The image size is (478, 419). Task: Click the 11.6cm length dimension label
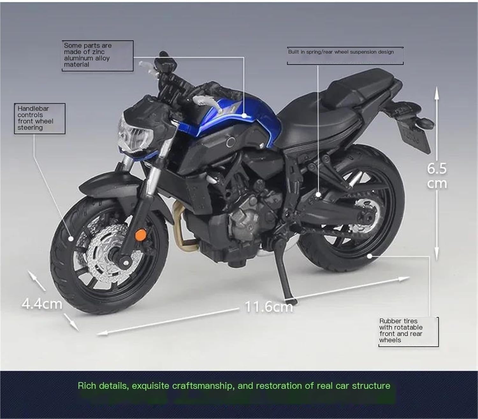coord(269,307)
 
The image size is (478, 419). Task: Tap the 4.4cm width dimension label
coord(42,304)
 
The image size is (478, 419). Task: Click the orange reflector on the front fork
coord(141,235)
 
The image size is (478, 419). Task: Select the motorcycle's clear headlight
coord(135,135)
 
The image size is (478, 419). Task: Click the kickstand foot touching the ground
coord(291,301)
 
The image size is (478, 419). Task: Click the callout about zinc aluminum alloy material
coord(98,55)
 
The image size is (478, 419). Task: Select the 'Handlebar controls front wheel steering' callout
coord(40,119)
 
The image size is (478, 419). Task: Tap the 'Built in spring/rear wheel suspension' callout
coord(345,56)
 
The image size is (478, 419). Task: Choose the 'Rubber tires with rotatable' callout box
coord(409,332)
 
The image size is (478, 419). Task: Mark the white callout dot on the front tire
coord(71,239)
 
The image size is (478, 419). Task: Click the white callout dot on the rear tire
coord(369,256)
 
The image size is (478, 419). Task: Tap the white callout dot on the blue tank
coord(244,116)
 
